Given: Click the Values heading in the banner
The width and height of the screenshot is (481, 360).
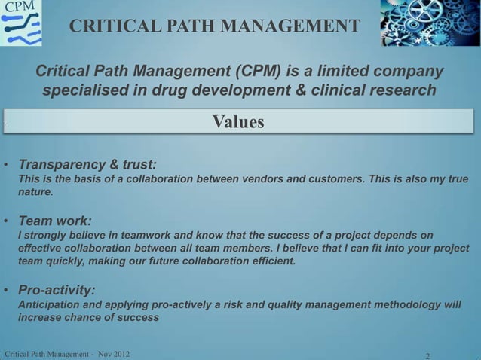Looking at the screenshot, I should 238,121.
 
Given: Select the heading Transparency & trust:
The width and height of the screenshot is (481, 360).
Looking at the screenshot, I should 87,163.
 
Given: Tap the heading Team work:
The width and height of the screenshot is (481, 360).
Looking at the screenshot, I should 55,221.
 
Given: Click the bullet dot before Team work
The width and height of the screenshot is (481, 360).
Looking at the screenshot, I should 5,222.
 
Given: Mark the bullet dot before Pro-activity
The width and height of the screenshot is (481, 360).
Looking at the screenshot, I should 5,290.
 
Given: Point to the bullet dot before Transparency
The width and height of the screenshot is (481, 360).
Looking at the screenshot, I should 5,164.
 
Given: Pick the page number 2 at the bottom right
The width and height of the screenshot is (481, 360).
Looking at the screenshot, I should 428,355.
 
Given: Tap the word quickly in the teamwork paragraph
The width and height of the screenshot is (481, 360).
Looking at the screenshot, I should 70,262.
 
